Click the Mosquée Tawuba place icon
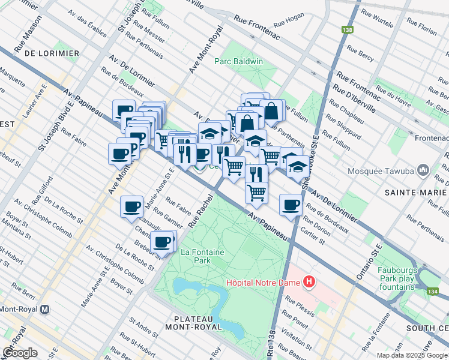coord(424,170)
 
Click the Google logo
coord(20,353)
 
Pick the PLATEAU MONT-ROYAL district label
coord(198,322)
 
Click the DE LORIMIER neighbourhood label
coord(52,53)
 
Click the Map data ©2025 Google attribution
coord(411,355)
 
